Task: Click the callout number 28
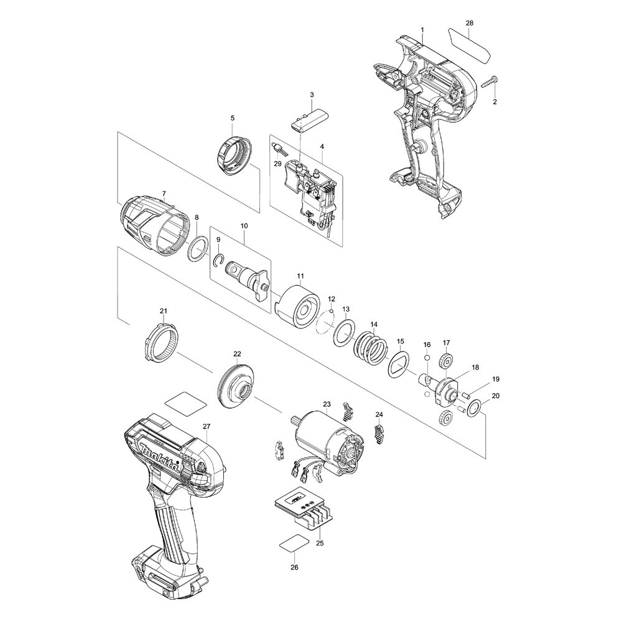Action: [469, 23]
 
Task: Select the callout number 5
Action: [233, 118]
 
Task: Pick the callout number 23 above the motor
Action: [327, 404]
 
